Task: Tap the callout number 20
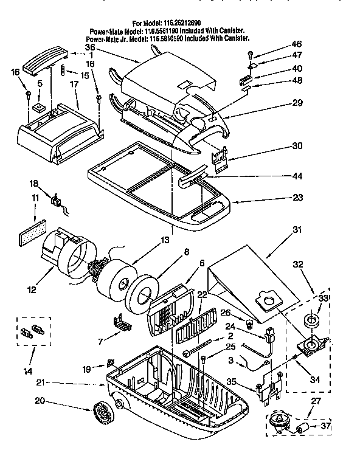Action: click(40, 401)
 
